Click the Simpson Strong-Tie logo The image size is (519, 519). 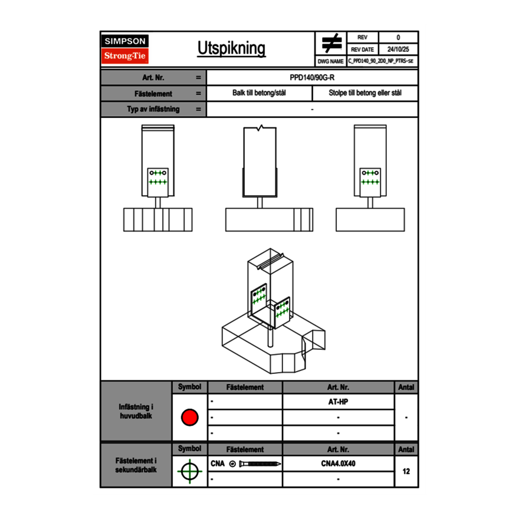[125, 49]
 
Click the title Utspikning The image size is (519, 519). [231, 49]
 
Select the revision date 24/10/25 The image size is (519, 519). [398, 50]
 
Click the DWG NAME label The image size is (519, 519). [330, 61]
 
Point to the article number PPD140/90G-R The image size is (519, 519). [312, 78]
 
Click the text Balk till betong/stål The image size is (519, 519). [259, 93]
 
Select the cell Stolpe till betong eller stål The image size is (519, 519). [364, 93]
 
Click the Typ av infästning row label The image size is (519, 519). [153, 109]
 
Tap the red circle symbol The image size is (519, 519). [189, 418]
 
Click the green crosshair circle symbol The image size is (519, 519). [189, 471]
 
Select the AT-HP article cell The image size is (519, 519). [338, 402]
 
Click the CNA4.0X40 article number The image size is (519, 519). [338, 464]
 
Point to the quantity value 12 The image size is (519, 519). [406, 471]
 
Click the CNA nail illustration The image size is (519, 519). [260, 464]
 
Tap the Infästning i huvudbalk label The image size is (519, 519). [136, 412]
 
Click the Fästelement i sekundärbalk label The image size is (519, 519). [136, 465]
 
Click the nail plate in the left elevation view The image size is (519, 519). [158, 182]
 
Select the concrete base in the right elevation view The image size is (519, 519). [370, 220]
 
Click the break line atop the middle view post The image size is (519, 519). [260, 127]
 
